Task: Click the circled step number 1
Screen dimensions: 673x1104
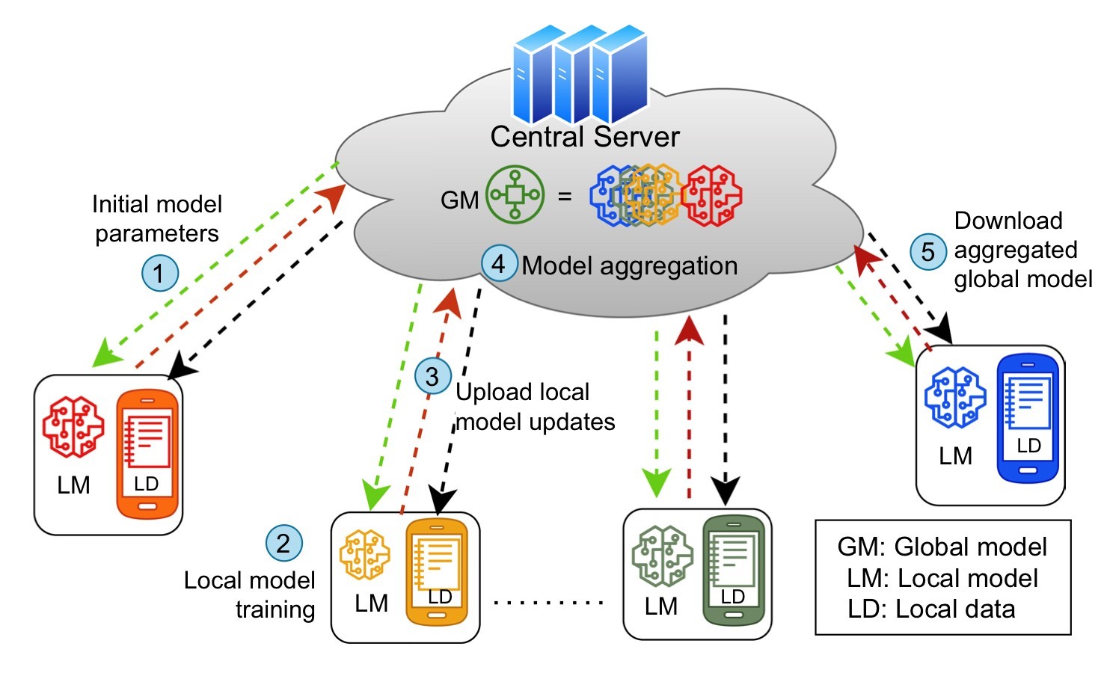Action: click(160, 274)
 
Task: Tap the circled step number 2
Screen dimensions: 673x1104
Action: click(284, 543)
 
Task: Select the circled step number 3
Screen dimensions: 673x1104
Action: click(433, 376)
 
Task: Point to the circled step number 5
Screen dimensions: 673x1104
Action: click(928, 251)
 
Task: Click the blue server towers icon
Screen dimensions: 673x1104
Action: click(580, 75)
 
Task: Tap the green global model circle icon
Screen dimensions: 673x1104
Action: click(515, 196)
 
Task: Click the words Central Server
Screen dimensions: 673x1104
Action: click(585, 137)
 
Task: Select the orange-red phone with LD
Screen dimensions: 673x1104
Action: click(148, 453)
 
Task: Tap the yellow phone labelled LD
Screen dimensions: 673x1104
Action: click(437, 571)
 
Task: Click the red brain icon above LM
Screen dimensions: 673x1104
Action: click(73, 428)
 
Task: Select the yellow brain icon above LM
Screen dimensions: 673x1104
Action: click(365, 556)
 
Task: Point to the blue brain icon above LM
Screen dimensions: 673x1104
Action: click(955, 398)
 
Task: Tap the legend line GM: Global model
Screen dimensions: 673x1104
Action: click(942, 547)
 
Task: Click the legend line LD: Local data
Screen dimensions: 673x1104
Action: click(931, 609)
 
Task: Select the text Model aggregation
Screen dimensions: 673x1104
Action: click(630, 266)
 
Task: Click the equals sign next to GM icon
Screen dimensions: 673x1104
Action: click(565, 197)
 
